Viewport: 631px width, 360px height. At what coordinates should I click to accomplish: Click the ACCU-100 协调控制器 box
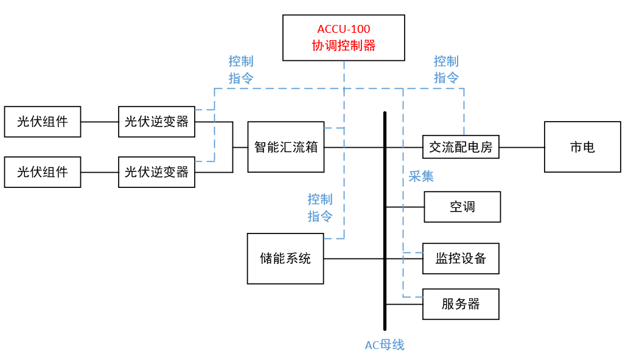point(344,38)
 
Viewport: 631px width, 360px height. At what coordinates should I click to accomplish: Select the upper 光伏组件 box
point(43,122)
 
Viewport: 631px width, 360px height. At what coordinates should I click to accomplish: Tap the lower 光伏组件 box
point(43,172)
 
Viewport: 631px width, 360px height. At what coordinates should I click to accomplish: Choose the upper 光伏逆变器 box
point(157,122)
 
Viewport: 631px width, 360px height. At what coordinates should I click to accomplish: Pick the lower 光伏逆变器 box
point(157,172)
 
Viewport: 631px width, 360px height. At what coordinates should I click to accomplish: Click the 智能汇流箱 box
point(286,147)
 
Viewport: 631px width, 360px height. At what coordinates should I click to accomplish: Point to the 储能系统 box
point(285,258)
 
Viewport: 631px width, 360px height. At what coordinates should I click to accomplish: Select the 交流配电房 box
point(461,147)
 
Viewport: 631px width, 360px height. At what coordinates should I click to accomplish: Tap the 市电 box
point(582,147)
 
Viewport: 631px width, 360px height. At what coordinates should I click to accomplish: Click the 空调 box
point(462,207)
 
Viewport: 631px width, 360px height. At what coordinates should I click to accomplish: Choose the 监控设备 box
point(461,258)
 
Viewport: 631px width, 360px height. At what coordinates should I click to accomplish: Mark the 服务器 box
point(461,304)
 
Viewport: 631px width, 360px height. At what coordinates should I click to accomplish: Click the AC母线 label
point(385,345)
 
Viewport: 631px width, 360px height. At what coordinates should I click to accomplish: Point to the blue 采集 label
point(421,176)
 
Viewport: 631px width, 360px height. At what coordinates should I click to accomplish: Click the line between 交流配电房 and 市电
point(521,147)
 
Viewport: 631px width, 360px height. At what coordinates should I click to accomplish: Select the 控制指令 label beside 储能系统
point(320,207)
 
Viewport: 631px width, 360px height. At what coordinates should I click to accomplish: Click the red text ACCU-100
point(344,29)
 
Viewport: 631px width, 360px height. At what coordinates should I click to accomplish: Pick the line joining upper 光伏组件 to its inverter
point(100,122)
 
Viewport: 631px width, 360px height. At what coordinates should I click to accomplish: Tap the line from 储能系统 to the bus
point(353,258)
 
